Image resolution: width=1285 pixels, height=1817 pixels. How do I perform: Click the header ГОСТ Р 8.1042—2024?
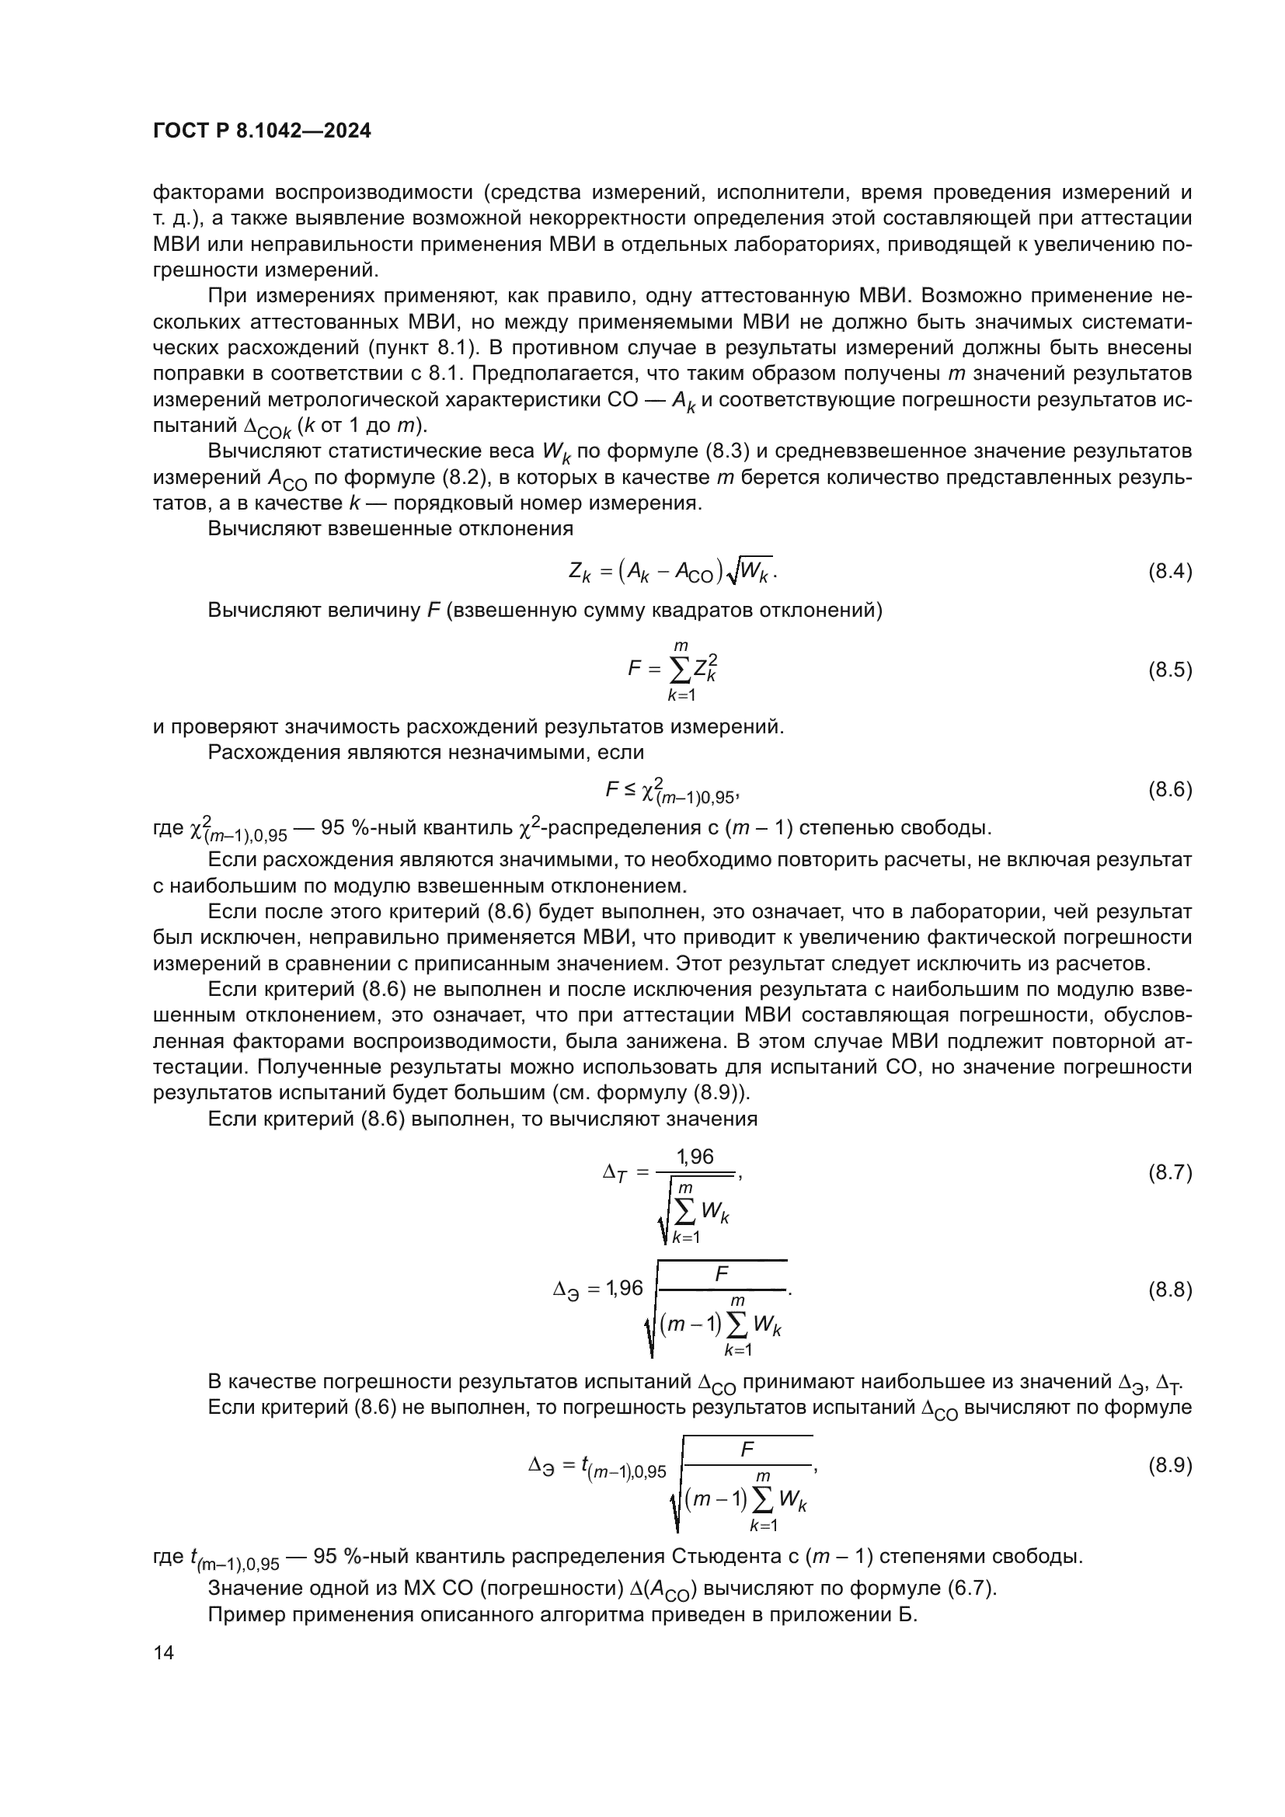pyautogui.click(x=262, y=131)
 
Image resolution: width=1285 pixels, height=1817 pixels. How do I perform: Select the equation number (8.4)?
pyautogui.click(x=1169, y=573)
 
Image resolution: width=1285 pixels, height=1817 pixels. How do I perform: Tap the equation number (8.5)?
pyautogui.click(x=1169, y=670)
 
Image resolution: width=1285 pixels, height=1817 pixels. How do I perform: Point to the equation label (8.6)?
pyautogui.click(x=1169, y=789)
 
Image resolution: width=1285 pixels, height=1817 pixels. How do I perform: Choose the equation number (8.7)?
pyautogui.click(x=1169, y=1172)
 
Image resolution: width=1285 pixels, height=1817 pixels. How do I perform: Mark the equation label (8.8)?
pyautogui.click(x=1169, y=1290)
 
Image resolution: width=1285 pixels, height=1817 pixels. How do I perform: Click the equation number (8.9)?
pyautogui.click(x=1169, y=1466)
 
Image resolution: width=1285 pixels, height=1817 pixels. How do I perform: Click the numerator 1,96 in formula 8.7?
pyautogui.click(x=695, y=1157)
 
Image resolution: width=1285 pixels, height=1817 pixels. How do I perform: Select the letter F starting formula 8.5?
pyautogui.click(x=634, y=669)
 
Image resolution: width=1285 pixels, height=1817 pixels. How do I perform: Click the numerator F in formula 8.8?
pyautogui.click(x=722, y=1274)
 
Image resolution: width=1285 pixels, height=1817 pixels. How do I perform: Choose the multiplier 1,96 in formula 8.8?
pyautogui.click(x=625, y=1290)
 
